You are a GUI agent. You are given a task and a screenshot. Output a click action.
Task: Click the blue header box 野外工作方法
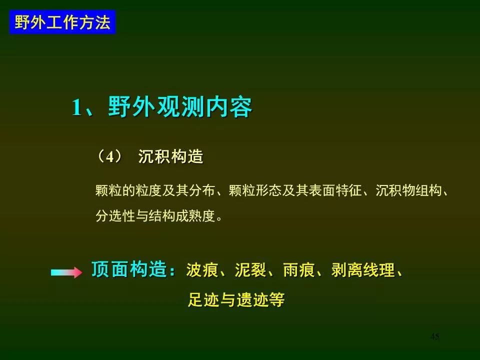[62, 22]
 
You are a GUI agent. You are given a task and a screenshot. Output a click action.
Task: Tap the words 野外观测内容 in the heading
[180, 107]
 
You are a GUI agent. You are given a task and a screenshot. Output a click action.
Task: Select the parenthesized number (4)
[109, 156]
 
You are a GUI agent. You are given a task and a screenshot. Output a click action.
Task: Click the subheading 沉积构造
[171, 156]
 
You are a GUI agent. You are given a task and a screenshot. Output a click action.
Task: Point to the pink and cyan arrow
[66, 272]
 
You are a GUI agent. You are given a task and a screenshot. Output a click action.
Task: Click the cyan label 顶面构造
[129, 269]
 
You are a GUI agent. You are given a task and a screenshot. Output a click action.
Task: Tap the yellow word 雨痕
[299, 270]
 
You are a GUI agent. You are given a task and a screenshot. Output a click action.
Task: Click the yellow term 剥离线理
[363, 270]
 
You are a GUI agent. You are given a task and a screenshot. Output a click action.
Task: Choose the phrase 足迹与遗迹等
[236, 299]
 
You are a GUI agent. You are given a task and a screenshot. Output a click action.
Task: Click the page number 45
[435, 336]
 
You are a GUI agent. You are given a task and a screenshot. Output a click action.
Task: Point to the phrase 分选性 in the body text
[115, 216]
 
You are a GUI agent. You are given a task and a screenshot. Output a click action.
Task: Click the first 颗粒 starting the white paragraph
[108, 190]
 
